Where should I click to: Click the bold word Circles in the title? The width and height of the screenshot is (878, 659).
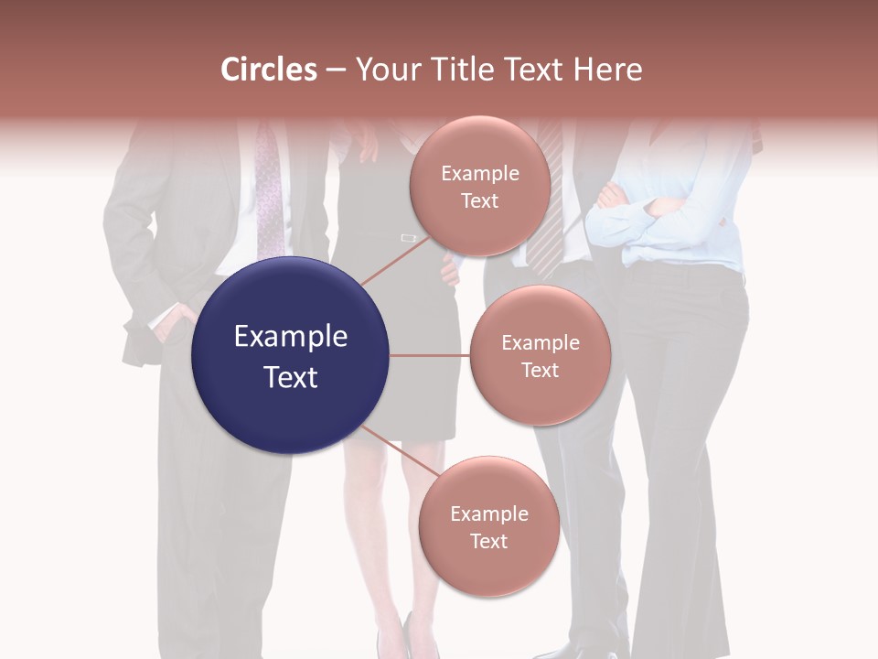(x=269, y=70)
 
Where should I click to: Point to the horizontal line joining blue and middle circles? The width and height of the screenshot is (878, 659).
(x=429, y=355)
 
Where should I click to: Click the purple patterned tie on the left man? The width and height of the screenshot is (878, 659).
(x=270, y=197)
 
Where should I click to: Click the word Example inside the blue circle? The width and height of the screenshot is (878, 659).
(x=290, y=337)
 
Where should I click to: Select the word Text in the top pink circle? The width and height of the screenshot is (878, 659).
(x=479, y=201)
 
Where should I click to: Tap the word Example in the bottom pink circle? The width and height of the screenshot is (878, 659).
(x=488, y=513)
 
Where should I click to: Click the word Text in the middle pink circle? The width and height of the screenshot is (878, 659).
(x=540, y=370)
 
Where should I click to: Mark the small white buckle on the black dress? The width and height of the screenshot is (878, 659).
(x=408, y=238)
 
